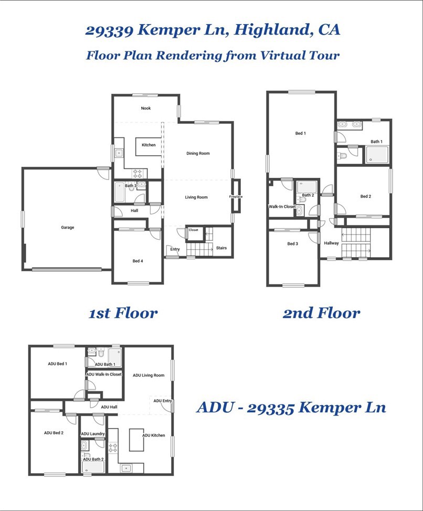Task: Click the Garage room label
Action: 67,227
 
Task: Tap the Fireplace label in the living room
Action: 236,197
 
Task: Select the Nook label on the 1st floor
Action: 145,108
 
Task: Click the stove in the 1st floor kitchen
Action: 138,173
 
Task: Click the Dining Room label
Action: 198,153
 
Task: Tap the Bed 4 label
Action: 138,261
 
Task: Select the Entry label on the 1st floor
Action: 175,249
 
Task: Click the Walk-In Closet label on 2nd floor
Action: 282,207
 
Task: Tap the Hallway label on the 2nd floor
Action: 331,243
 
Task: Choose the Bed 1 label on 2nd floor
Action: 300,133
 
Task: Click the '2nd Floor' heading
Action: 321,314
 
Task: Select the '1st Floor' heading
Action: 123,314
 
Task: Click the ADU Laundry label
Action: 93,434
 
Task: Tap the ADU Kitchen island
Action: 136,440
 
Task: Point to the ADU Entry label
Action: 162,401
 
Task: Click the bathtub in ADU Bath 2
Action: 93,467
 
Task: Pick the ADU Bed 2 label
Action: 54,433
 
